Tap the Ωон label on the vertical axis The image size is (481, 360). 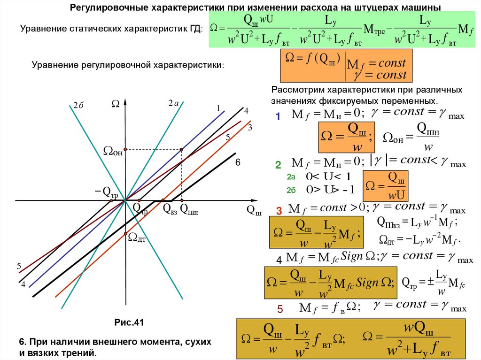tap(113, 151)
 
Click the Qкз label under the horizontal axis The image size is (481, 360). tap(170, 209)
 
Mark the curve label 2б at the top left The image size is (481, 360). tap(78, 106)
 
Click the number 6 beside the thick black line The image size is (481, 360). tap(238, 162)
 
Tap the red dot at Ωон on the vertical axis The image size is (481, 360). tap(125, 149)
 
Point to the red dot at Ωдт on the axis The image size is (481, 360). tap(125, 233)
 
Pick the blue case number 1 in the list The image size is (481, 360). tap(278, 117)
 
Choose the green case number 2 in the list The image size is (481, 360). tap(278, 165)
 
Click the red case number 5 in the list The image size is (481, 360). tap(280, 309)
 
